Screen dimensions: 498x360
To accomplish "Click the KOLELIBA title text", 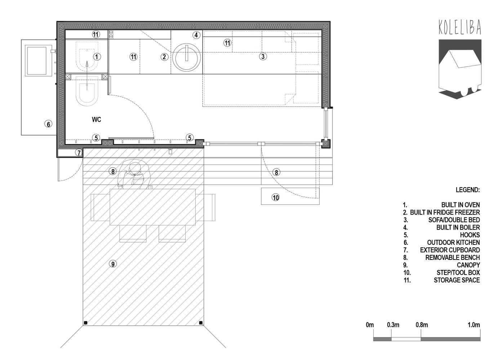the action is tap(460, 27).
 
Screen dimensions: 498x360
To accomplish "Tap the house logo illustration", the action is tap(460, 69).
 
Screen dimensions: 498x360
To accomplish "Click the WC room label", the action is tap(97, 120).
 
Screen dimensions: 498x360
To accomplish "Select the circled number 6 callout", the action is tap(48, 124).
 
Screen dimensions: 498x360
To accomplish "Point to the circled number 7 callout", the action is tap(79, 153).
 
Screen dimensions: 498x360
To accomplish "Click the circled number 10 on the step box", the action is tap(276, 197).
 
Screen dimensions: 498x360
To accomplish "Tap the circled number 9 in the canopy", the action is tap(113, 264).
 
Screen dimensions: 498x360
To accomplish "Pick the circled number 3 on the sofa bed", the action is tap(263, 57).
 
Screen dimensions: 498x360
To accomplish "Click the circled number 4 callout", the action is tap(196, 35).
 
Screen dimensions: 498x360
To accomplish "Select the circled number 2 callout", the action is tap(164, 57).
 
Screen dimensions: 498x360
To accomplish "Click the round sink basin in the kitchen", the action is tap(187, 57).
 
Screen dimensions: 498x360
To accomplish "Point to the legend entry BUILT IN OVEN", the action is tap(461, 205).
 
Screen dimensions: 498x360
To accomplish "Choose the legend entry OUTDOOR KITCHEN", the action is tap(453, 242).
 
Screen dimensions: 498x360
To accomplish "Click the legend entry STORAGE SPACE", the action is tap(457, 280).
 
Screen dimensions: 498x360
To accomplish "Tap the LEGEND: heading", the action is tap(467, 190).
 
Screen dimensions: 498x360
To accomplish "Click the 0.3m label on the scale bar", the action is tap(393, 325).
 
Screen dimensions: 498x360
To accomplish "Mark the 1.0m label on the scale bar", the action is tap(474, 325).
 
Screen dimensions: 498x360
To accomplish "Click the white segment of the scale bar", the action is tap(406, 339).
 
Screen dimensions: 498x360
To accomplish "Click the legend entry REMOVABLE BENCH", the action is tap(453, 257).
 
